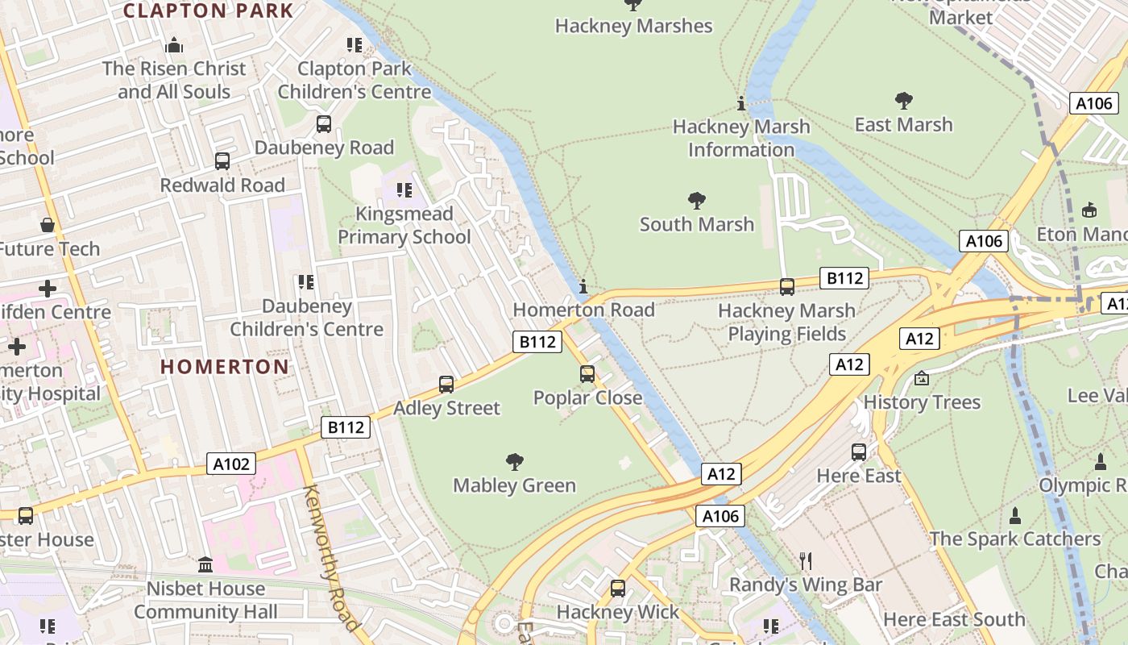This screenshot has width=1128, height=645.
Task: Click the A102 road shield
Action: tap(232, 464)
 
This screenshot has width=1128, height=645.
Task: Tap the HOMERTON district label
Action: tap(224, 367)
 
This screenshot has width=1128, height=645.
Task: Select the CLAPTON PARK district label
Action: tap(208, 10)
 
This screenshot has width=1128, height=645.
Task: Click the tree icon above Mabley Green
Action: tap(515, 462)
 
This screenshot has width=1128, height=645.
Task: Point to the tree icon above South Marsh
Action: tap(697, 201)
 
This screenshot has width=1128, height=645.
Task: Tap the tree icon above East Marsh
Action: tap(903, 101)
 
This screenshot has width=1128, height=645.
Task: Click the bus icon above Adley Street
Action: tap(446, 385)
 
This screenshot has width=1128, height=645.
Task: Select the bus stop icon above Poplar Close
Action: tap(587, 374)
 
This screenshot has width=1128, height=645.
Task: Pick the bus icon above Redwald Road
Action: tap(222, 161)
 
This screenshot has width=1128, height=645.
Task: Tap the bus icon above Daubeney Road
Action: tap(324, 124)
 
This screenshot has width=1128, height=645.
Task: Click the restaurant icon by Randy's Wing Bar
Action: tap(805, 560)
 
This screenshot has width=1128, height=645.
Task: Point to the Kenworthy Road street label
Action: tap(330, 556)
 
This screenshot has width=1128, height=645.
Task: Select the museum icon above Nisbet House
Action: tap(205, 564)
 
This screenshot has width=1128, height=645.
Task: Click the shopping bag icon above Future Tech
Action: tap(48, 225)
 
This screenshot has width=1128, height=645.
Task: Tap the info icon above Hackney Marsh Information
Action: tap(741, 103)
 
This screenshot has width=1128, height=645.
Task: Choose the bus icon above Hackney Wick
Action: tap(618, 589)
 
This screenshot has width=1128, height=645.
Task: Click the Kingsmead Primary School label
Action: tap(404, 225)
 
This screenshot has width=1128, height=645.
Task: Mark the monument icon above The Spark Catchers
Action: tap(1015, 515)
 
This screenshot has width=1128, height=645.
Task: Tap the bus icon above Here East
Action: tap(859, 452)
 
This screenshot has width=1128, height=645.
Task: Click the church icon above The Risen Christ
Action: tap(174, 45)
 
